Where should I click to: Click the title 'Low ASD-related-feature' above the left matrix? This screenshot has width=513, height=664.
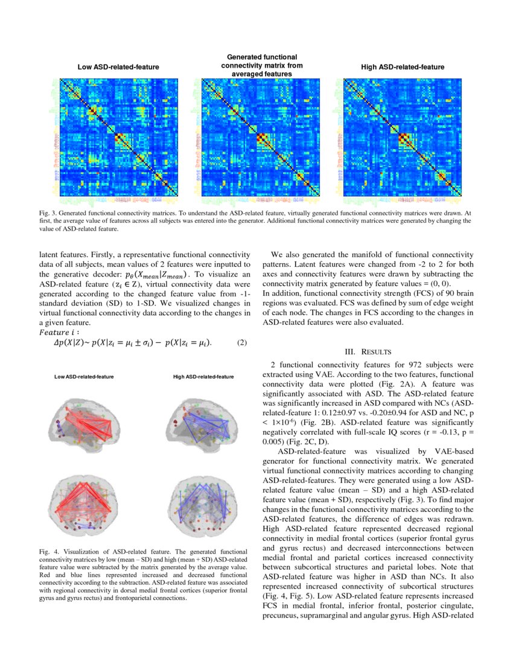[x=118, y=67]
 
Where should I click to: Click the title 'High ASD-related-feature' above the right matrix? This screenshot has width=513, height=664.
[x=402, y=67]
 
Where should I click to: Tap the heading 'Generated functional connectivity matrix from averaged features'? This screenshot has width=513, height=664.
[x=262, y=65]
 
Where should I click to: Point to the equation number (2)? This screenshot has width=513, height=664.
[x=242, y=343]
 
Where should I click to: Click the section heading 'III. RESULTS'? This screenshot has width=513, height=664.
[x=368, y=351]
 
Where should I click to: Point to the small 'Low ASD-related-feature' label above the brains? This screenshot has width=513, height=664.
[x=84, y=377]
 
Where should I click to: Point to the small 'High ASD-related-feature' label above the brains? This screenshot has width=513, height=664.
[x=203, y=377]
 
